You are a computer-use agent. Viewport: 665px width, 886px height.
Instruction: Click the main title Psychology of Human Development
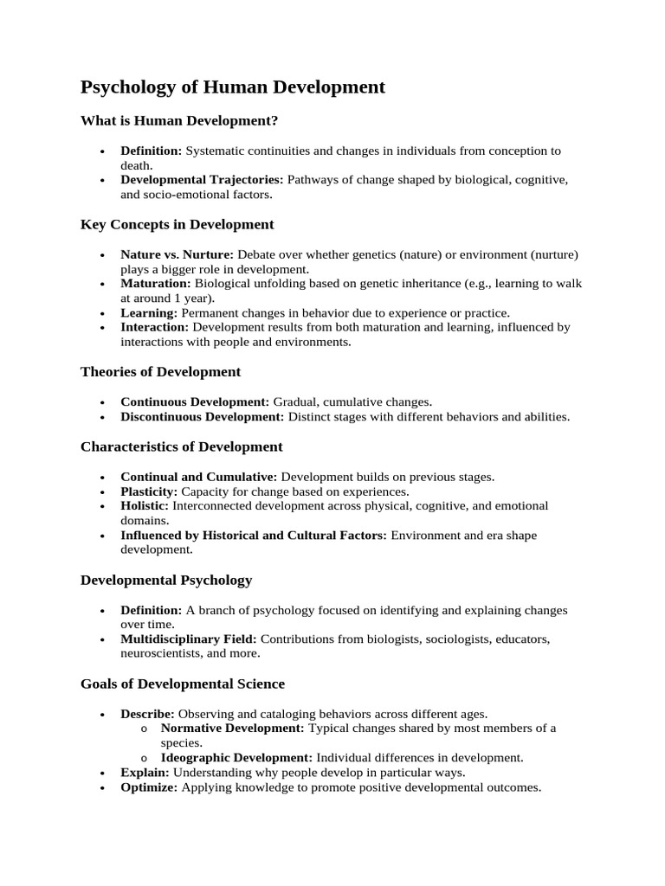[233, 87]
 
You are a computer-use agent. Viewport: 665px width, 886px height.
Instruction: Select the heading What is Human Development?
[179, 120]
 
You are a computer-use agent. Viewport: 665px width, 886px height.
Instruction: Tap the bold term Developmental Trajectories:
[202, 180]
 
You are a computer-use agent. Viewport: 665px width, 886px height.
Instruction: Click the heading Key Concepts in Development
[177, 224]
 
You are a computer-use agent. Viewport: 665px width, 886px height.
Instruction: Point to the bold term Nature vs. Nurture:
[177, 254]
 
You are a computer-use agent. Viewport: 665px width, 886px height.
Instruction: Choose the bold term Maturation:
[156, 284]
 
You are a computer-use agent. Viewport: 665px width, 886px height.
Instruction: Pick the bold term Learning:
[149, 312]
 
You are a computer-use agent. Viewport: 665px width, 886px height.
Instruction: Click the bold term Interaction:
[155, 327]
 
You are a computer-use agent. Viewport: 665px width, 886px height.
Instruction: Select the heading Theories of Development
[160, 371]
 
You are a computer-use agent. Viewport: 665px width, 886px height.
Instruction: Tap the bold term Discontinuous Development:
[202, 416]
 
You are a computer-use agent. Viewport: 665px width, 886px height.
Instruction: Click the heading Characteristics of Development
[181, 446]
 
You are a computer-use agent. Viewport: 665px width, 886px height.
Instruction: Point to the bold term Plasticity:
[149, 491]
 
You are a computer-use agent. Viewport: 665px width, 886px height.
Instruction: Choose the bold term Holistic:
[145, 505]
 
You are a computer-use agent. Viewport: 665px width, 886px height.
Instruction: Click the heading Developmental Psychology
[166, 580]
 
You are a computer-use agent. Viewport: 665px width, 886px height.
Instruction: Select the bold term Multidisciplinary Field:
[189, 639]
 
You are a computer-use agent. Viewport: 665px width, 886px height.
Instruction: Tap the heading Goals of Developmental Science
[183, 684]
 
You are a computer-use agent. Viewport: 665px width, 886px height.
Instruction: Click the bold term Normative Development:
[233, 728]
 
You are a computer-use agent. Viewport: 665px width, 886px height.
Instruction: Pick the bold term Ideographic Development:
[236, 757]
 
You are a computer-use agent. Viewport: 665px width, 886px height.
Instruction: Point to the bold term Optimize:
[149, 787]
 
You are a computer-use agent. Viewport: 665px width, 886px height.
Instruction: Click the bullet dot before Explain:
[102, 773]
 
